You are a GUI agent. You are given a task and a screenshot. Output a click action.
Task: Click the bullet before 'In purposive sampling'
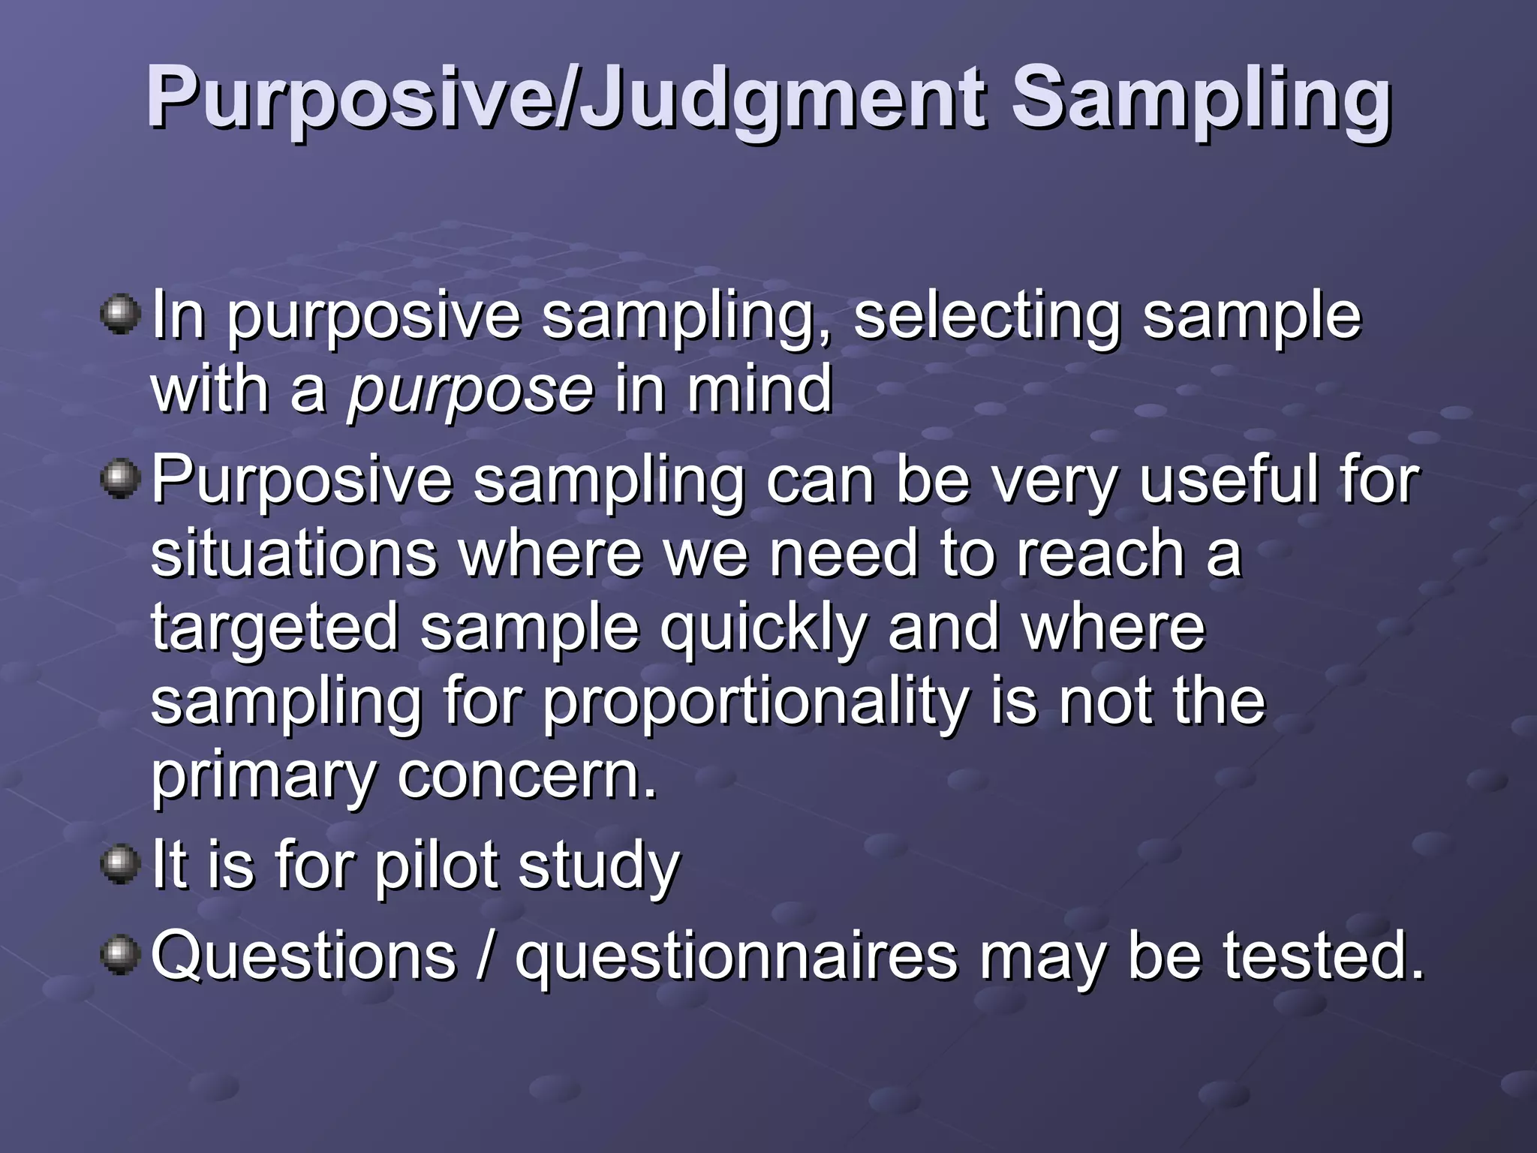tap(120, 315)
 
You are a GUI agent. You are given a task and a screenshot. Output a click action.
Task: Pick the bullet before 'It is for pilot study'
tap(120, 864)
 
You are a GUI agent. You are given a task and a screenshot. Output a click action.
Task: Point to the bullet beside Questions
tap(120, 955)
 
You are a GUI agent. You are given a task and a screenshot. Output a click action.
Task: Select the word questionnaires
tap(735, 957)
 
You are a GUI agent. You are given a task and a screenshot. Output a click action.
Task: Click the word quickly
tap(762, 629)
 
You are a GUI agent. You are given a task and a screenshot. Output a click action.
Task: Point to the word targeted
tap(275, 629)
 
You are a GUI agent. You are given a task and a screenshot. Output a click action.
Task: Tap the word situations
tap(294, 553)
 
